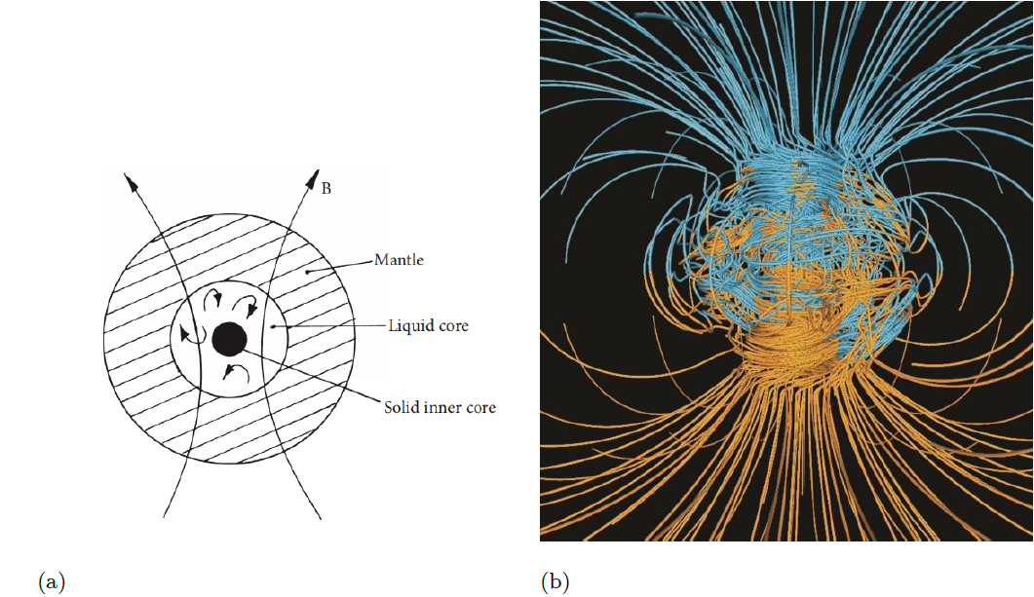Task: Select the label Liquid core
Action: (428, 325)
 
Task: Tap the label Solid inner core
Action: (440, 407)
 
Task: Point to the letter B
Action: (326, 188)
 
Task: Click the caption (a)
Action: (52, 582)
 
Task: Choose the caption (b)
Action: (555, 582)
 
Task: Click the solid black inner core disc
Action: (229, 338)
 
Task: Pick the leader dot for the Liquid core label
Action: (273, 327)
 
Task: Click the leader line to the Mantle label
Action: (341, 266)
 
